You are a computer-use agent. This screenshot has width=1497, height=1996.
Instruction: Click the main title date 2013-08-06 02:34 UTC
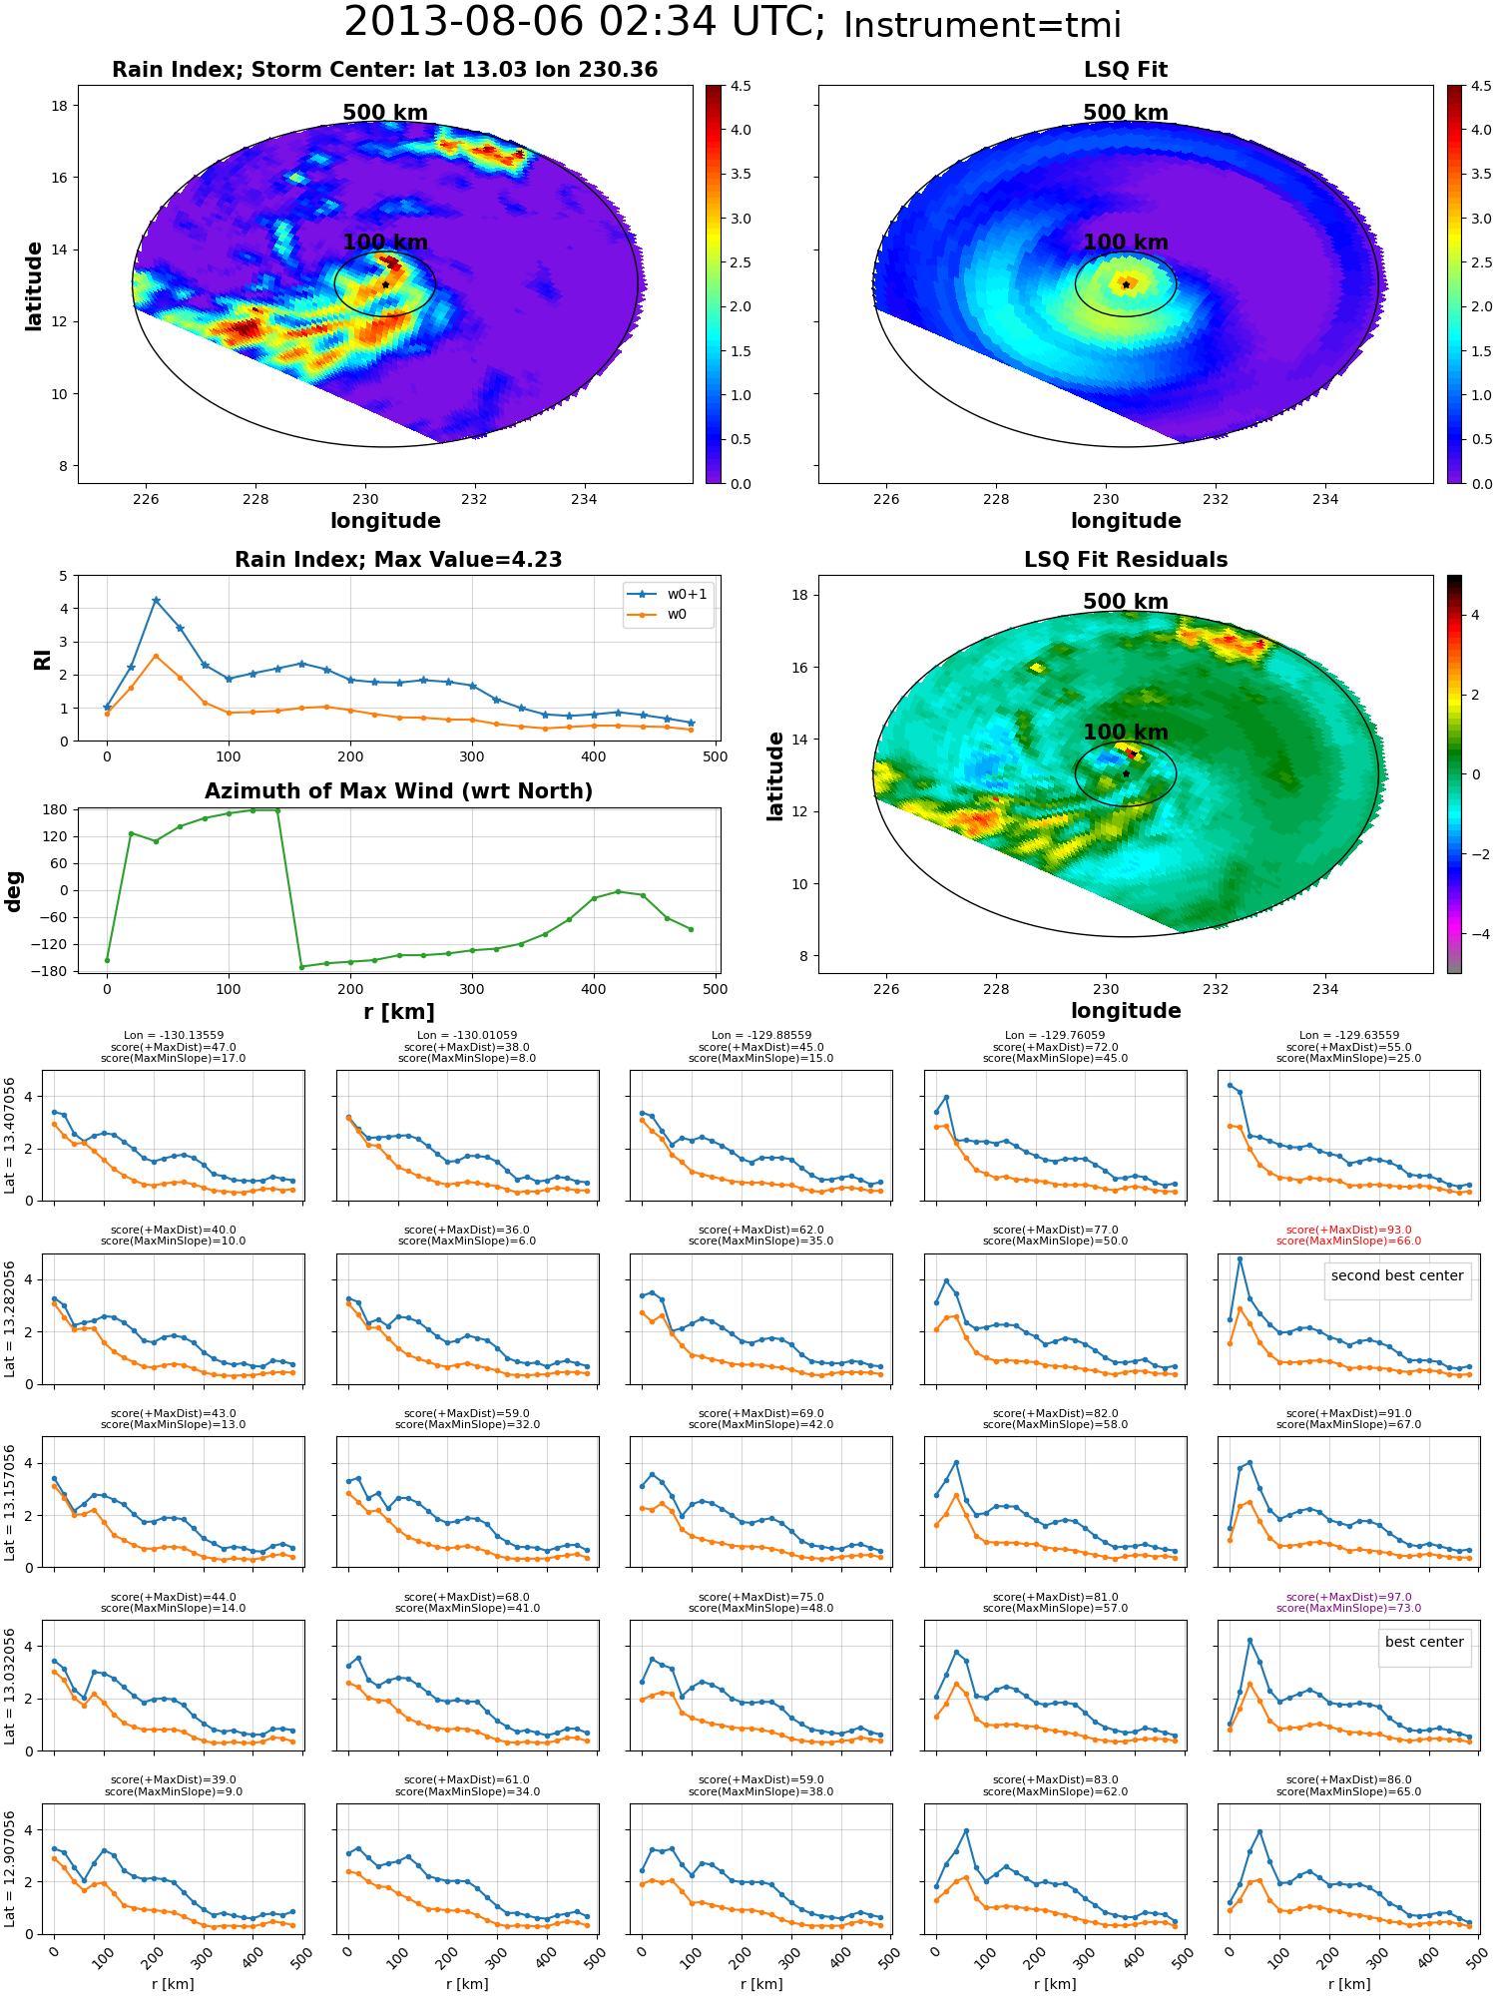(585, 22)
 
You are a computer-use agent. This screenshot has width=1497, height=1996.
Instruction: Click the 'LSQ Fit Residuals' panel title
(1126, 560)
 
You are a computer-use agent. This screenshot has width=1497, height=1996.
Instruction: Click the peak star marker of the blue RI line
(156, 601)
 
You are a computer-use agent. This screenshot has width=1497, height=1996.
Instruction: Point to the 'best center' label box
(1424, 1642)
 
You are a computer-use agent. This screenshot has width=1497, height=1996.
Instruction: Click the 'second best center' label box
(1397, 1275)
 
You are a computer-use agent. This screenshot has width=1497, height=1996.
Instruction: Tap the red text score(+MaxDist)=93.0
(1348, 1230)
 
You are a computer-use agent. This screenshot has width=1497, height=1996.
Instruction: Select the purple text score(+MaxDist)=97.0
(1348, 1597)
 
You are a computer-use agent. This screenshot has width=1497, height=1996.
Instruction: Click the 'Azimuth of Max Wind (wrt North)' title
(398, 791)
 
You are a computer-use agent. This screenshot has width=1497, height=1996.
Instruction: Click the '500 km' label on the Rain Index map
(385, 113)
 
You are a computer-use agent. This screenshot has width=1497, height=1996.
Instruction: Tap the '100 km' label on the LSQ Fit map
(1126, 243)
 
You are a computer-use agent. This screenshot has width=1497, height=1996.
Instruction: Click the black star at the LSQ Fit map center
(1126, 284)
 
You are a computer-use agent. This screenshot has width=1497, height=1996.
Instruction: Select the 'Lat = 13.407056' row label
(10, 1136)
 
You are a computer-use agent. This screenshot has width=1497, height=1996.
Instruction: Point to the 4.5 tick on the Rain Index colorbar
(740, 86)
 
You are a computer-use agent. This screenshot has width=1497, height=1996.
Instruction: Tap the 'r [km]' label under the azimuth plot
(398, 1012)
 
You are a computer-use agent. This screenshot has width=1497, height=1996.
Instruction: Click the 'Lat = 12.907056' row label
(10, 1869)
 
